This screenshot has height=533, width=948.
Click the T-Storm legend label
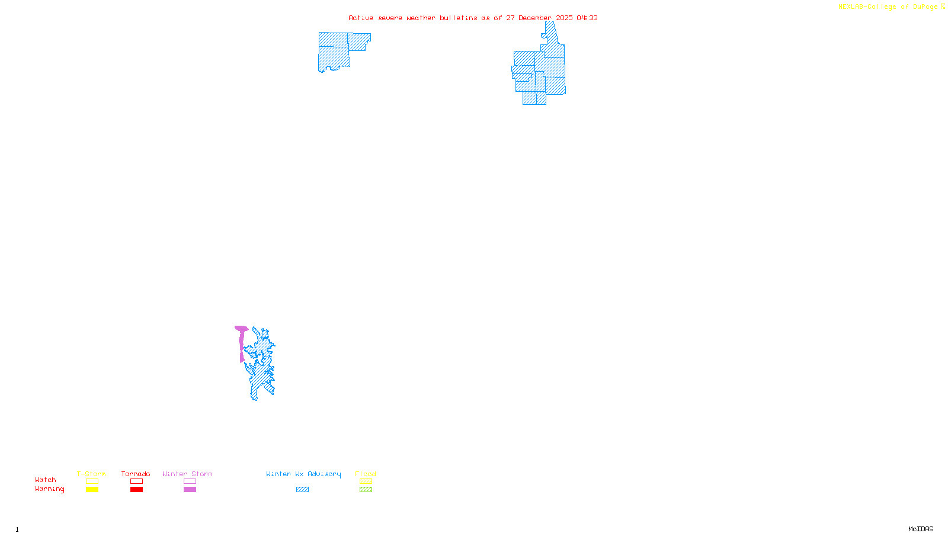coord(91,474)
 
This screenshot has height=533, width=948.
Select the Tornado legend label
coord(136,474)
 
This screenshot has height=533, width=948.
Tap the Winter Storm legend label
coord(187,474)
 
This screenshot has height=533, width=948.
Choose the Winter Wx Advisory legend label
coord(303,474)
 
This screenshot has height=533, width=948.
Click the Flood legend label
coord(366,474)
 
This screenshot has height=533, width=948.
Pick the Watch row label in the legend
coord(46,480)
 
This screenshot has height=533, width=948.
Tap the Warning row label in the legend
coord(50,489)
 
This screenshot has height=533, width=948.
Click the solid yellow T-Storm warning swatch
coord(92,490)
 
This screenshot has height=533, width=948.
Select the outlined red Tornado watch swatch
coord(137,481)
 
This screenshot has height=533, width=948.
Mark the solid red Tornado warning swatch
coord(137,490)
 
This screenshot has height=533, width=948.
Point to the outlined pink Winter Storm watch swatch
coord(190,481)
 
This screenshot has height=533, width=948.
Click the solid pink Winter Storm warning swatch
coord(190,490)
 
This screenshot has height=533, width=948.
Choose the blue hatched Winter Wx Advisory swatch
coord(302,490)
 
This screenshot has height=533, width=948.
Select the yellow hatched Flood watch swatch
coord(366,481)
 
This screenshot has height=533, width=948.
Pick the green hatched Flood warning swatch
coord(366,490)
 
